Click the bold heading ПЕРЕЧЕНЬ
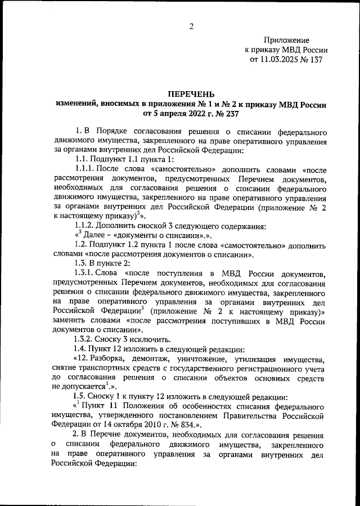(191, 93)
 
